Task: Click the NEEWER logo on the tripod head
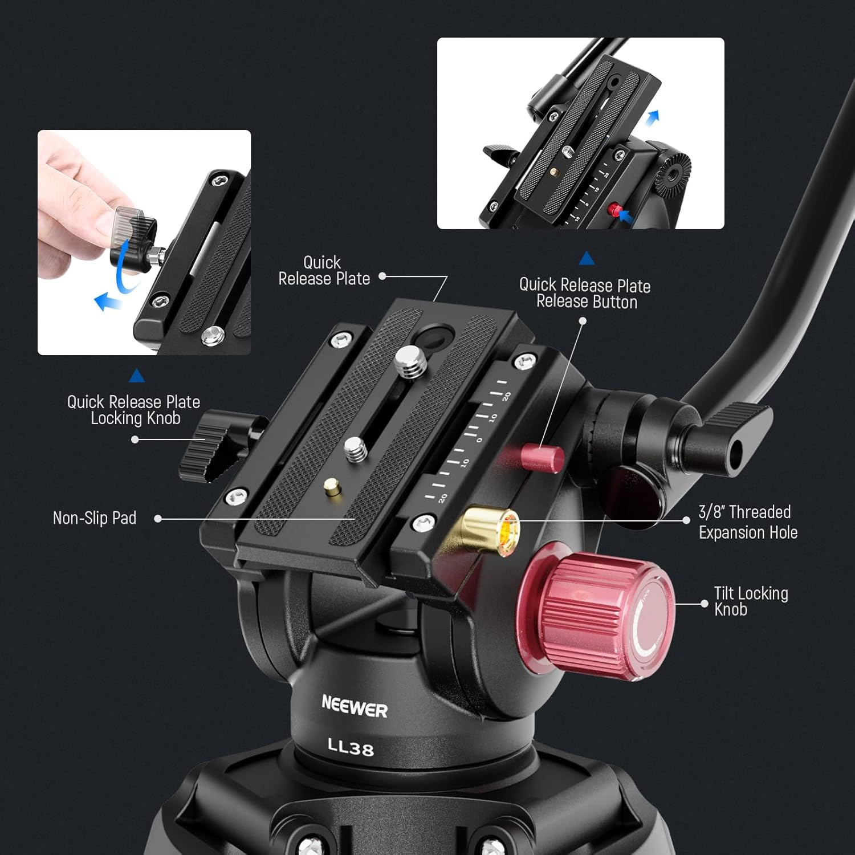click(x=354, y=707)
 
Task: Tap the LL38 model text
click(x=351, y=746)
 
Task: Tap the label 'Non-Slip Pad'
click(x=95, y=518)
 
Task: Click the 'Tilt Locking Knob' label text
click(x=750, y=601)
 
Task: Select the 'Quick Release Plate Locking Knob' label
click(x=134, y=410)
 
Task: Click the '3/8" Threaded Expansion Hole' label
click(x=747, y=522)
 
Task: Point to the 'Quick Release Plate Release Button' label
click(x=585, y=293)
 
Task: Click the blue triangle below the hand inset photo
click(x=137, y=375)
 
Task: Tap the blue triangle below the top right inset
click(x=587, y=259)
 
